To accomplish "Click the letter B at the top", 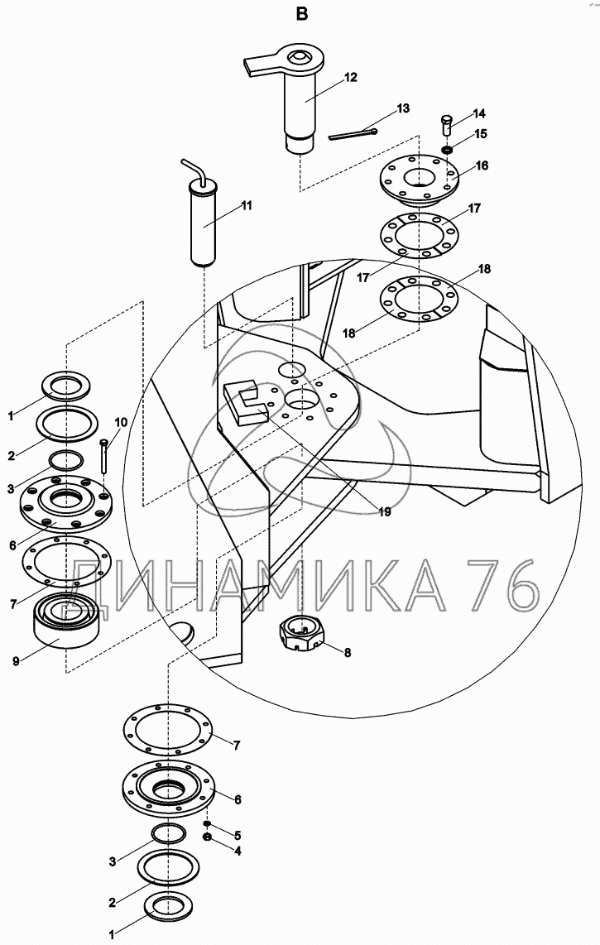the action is coord(301,14).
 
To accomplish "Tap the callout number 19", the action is coord(384,511).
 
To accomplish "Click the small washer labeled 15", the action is coord(446,149).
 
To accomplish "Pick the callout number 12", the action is coord(351,77).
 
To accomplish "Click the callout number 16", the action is coord(482,165).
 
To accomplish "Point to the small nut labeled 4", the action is coord(207,838).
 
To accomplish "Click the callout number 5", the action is coord(238,836).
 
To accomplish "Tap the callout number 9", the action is coord(17,660).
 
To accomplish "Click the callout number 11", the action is coord(246,205).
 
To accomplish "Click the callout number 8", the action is coord(348,652).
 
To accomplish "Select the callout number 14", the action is coord(479,114).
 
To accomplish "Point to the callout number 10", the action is coord(121,423).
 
